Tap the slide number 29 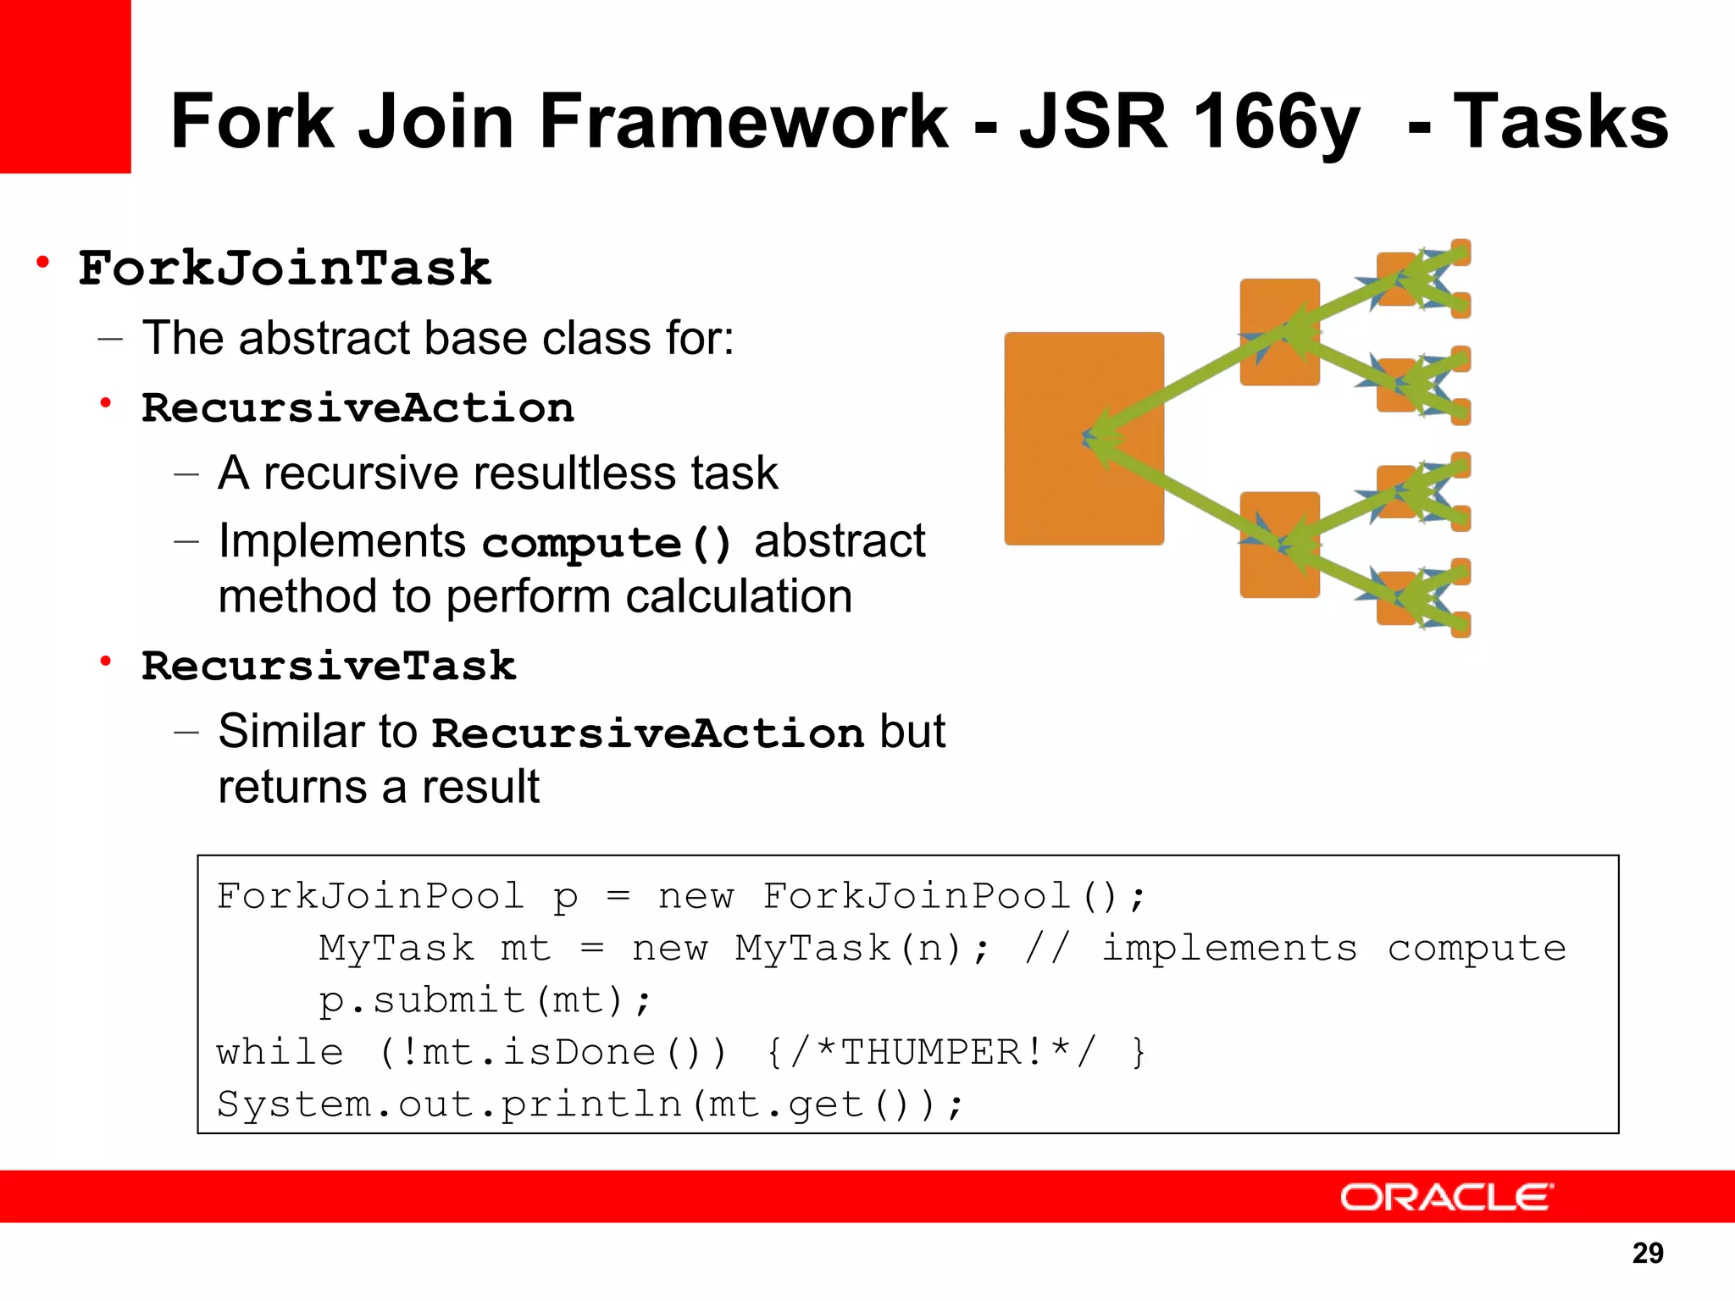[x=1647, y=1253]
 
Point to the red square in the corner [x=65, y=86]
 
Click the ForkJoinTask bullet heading [x=285, y=269]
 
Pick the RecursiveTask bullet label [x=329, y=666]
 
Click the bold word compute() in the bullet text [x=607, y=543]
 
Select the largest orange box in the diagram [x=1084, y=438]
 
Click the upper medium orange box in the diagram [x=1279, y=332]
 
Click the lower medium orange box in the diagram [x=1279, y=545]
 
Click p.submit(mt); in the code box [x=485, y=1001]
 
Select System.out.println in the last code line [x=449, y=1104]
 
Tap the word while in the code [x=280, y=1053]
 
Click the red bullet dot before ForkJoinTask [x=42, y=263]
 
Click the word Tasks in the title [x=1560, y=122]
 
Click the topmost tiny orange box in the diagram [x=1461, y=252]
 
